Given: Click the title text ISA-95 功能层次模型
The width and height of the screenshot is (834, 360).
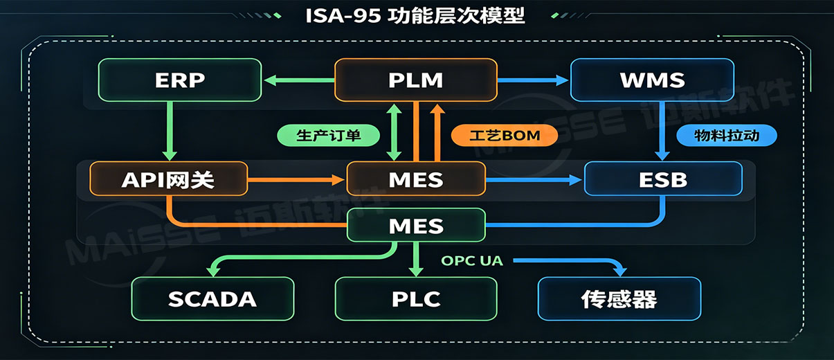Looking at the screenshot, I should click(x=415, y=16).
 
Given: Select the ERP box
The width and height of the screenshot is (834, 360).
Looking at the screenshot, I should click(x=179, y=80).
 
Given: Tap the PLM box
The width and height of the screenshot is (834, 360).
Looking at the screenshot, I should click(x=415, y=80).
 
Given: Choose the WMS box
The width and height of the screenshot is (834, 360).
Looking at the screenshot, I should click(x=651, y=80).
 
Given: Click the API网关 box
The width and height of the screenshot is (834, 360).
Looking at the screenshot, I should click(x=168, y=180).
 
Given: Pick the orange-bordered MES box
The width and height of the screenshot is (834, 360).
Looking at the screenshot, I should click(x=415, y=180).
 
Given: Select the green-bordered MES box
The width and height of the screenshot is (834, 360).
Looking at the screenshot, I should click(x=415, y=226).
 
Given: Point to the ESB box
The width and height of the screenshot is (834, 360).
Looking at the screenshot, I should click(x=664, y=180).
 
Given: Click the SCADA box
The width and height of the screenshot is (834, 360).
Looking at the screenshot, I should click(x=212, y=299).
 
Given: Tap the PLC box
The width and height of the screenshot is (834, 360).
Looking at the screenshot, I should click(x=415, y=299).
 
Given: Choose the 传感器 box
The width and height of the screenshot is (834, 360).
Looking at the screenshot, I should click(x=619, y=299).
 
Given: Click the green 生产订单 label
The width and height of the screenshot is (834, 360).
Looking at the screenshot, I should click(x=318, y=136).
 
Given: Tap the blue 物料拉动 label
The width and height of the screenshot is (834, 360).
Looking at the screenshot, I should click(x=726, y=136).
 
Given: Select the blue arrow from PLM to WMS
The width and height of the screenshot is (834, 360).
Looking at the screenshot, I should click(x=533, y=80).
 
